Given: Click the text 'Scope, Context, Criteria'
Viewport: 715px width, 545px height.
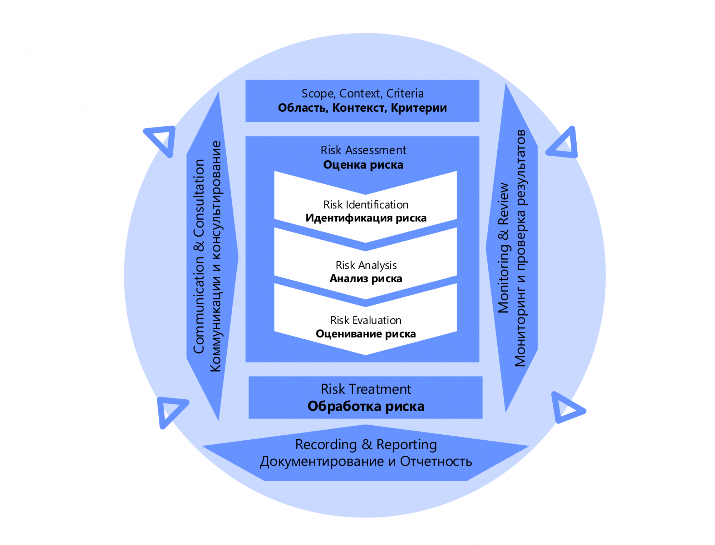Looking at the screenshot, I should coord(363,94).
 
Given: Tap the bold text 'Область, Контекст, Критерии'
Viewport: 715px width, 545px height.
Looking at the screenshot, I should coord(363,108).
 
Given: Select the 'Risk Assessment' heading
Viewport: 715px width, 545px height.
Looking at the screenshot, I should coord(363,150).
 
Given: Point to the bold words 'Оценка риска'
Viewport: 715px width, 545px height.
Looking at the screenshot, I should coord(363,165).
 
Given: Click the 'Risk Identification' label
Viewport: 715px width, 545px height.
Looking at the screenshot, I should coord(366,205).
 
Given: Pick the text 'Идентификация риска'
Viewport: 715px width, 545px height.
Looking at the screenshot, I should coord(366,218).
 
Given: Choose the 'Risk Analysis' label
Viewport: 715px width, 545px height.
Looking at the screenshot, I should coord(366,265).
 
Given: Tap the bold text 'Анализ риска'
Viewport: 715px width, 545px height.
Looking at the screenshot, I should coord(366,279).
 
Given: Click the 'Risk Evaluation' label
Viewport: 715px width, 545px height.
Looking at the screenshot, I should coord(366,320).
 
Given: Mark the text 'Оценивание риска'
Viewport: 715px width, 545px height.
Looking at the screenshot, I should coord(366,334).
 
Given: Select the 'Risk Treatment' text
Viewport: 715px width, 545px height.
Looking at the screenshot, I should coord(366,389).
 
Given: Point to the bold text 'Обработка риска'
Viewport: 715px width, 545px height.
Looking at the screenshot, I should coord(366,406).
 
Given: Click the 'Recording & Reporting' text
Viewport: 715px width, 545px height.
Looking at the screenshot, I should coord(366,445).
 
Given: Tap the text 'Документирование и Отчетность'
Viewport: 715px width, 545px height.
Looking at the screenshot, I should coord(366,461).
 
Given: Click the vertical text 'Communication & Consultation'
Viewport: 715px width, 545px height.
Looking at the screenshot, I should coord(199,256).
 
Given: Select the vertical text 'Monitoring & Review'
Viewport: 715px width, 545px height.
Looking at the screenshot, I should coord(503,248).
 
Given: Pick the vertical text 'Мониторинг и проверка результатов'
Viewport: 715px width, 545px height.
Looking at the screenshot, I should coord(520,248).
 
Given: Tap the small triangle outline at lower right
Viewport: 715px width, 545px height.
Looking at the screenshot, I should coord(567,408).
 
